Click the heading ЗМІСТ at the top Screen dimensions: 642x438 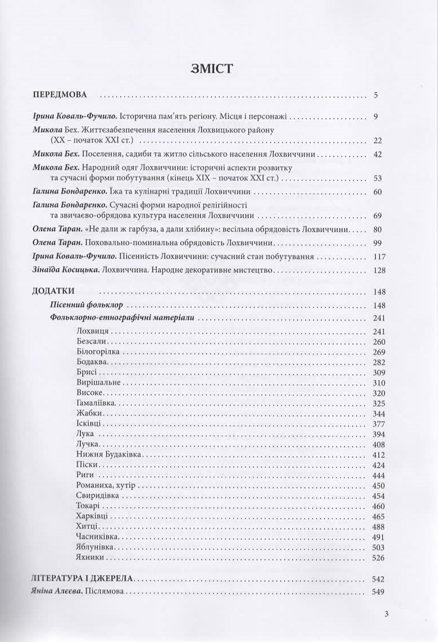[219, 69]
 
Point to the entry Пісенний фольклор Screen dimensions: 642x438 [75, 305]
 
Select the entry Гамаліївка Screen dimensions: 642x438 [95, 403]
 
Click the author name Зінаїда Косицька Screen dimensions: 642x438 [66, 270]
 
